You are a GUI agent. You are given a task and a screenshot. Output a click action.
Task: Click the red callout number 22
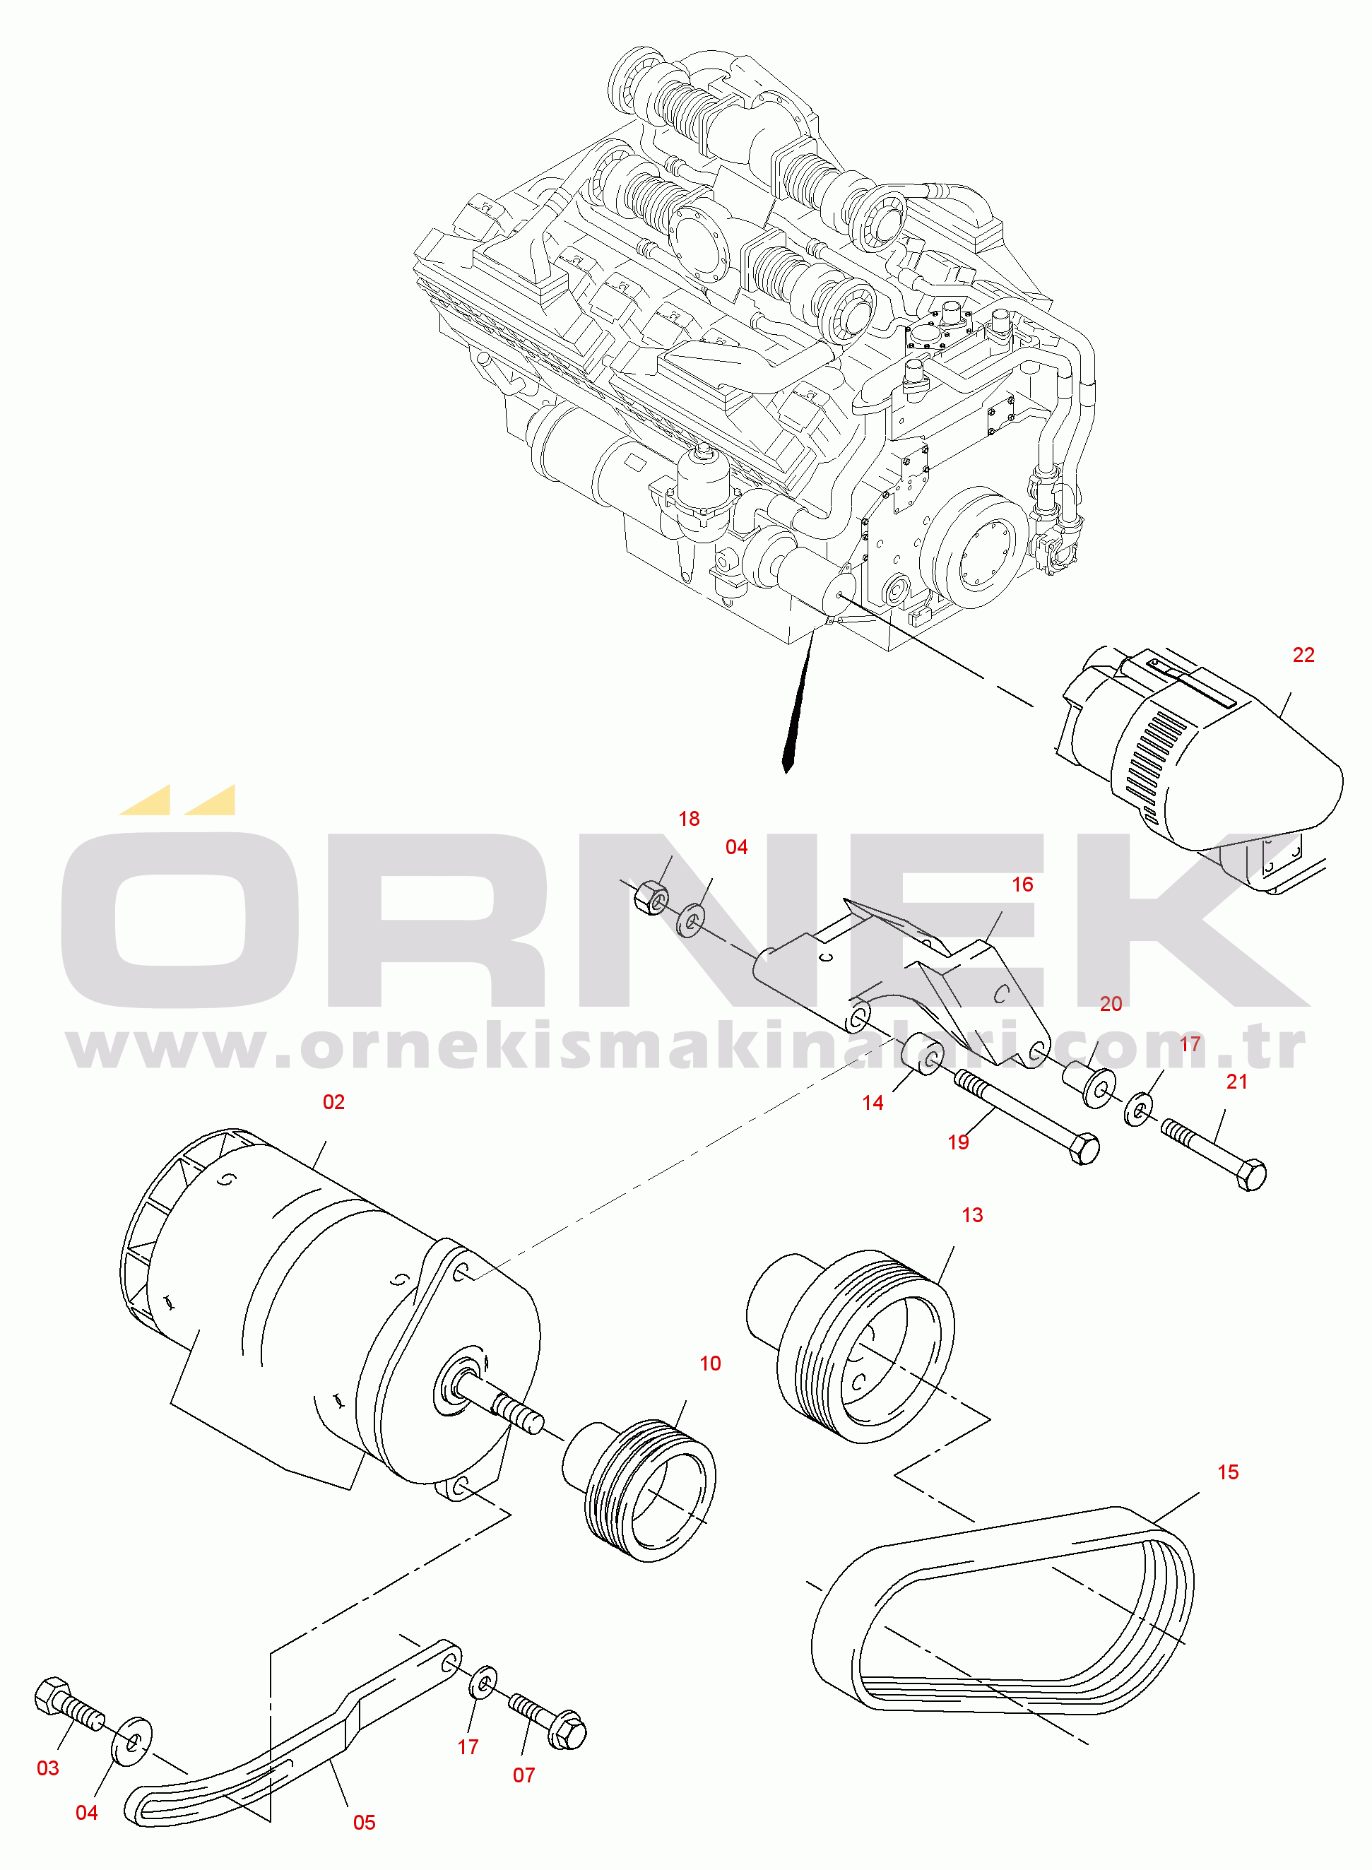1303,655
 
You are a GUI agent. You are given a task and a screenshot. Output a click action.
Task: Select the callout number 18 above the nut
689,819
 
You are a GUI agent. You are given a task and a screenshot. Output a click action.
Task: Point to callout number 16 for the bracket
1022,884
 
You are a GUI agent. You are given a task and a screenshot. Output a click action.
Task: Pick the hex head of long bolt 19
1084,1150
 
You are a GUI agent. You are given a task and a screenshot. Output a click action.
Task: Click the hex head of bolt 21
1250,1175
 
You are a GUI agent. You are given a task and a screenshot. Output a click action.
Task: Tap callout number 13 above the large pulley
971,1216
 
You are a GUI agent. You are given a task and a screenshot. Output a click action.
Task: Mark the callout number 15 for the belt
1227,1472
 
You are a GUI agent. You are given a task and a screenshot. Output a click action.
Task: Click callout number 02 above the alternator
333,1102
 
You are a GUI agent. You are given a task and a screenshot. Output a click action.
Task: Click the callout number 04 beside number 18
736,847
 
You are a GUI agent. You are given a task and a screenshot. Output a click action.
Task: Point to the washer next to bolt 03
132,1743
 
